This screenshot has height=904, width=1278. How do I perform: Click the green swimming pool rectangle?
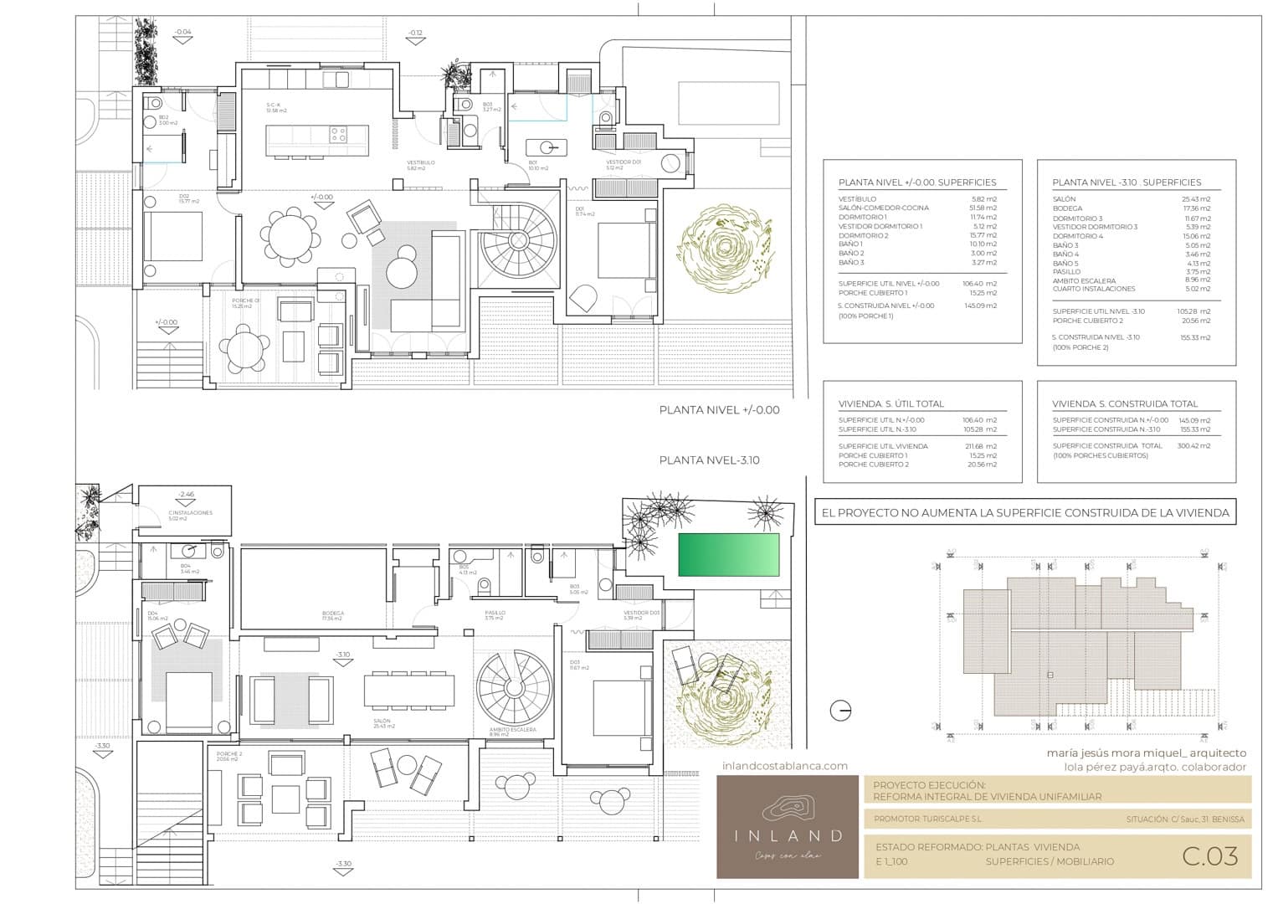pos(728,554)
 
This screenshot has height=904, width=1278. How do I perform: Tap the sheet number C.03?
pos(1209,856)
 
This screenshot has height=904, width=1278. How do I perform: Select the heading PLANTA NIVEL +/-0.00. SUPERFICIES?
pos(917,182)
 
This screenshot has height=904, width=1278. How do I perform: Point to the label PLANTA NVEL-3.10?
pos(709,460)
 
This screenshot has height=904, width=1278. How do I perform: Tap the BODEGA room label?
pos(332,614)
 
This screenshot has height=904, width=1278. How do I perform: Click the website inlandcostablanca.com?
pos(784,765)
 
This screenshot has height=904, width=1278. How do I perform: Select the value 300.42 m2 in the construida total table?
pos(1194,446)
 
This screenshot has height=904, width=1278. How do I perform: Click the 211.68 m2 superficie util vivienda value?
pos(980,446)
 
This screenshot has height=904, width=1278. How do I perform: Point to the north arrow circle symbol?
pos(840,711)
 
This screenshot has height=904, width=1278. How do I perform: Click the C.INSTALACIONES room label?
pos(190,512)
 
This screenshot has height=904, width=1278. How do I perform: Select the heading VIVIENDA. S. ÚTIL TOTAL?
pos(891,403)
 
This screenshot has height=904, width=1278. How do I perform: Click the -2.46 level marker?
pos(186,495)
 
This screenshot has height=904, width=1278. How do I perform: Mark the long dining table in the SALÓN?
pos(408,691)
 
